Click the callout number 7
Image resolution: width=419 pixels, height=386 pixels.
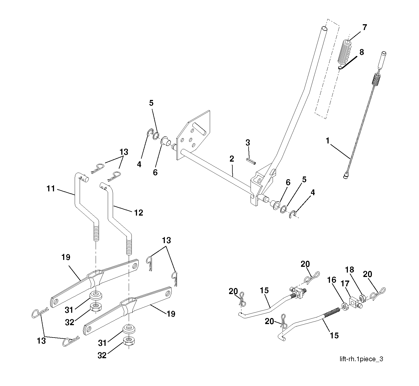(x=364, y=28)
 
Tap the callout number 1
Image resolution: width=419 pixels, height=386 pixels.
(x=327, y=141)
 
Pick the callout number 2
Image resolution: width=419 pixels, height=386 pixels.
(x=232, y=159)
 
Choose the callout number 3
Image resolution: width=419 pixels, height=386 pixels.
(x=248, y=143)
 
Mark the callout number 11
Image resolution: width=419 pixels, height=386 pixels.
(x=51, y=189)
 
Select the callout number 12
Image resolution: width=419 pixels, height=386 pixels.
(x=138, y=213)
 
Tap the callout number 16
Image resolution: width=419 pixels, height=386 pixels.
(x=332, y=280)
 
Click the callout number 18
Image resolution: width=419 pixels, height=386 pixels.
(x=350, y=270)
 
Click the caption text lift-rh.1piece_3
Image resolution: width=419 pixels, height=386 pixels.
(x=361, y=359)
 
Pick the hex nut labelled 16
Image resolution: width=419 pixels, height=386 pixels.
(x=344, y=306)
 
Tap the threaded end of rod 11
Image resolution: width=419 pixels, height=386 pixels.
(x=95, y=233)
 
